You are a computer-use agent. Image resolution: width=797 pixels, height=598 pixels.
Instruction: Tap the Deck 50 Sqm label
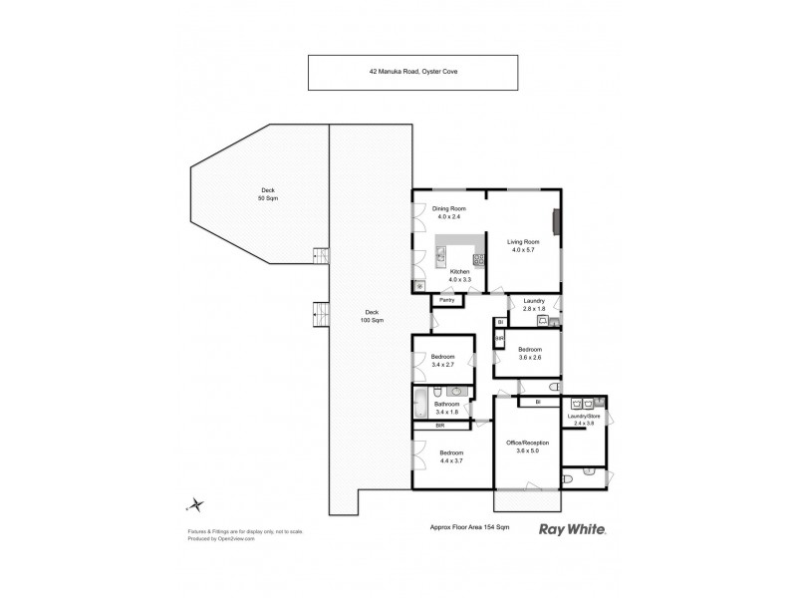pos(268,193)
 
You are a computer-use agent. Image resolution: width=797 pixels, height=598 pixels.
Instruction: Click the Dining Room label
pos(435,211)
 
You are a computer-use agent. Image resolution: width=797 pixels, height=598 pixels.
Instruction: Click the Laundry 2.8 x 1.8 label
pos(534,305)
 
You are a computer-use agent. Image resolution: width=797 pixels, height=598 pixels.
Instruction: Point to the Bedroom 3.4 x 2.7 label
pos(443,360)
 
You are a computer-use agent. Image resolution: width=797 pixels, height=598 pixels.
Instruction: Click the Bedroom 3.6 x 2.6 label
pos(529,352)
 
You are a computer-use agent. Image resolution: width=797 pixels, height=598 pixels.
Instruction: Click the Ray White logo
pos(573,530)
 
